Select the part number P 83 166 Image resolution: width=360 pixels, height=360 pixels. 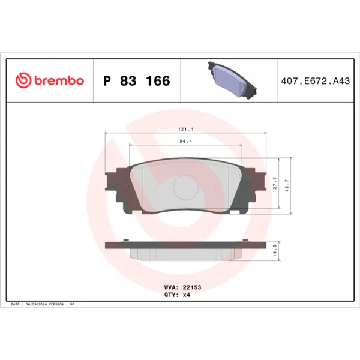[x=137, y=80]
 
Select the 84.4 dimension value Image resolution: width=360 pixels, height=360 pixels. [x=184, y=142]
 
